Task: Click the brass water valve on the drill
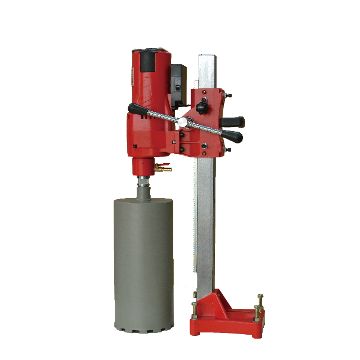pyautogui.click(x=165, y=166)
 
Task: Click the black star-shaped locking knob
pyautogui.click(x=201, y=103)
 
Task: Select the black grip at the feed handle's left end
pyautogui.click(x=136, y=108)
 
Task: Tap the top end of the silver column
pyautogui.click(x=207, y=57)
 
